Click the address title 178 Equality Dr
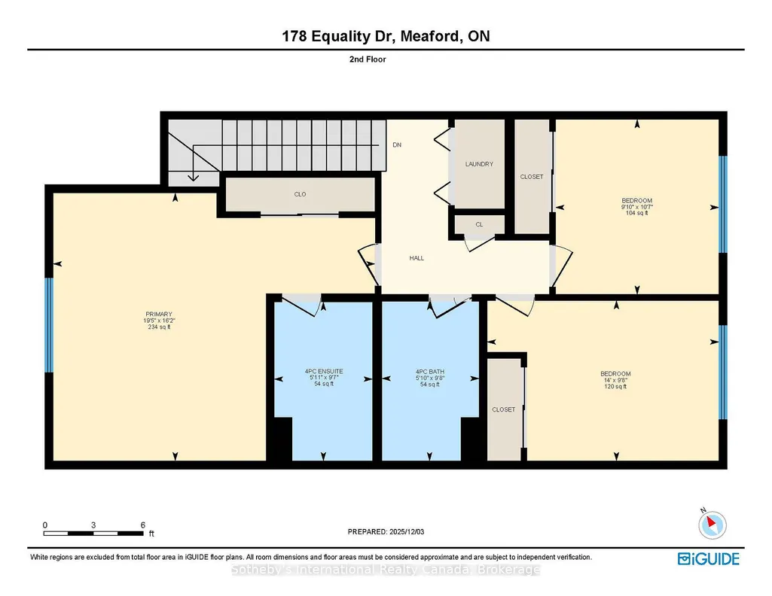pos(339,36)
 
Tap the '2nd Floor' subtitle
pos(368,59)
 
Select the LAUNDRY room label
pos(479,164)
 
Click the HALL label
pos(417,258)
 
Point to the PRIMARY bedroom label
pos(159,315)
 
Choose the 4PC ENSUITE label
pos(324,371)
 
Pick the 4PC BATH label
pos(430,372)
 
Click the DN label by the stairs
pos(397,145)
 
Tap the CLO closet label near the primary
pos(301,194)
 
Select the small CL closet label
pos(479,224)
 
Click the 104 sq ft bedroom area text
pos(636,214)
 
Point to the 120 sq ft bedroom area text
pos(615,387)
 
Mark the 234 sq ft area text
pos(159,327)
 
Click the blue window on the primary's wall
pos(49,326)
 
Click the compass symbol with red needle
pos(712,525)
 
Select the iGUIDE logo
pos(709,559)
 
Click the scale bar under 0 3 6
pos(93,534)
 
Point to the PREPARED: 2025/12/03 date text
pos(386,531)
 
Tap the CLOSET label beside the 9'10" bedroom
pos(532,177)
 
